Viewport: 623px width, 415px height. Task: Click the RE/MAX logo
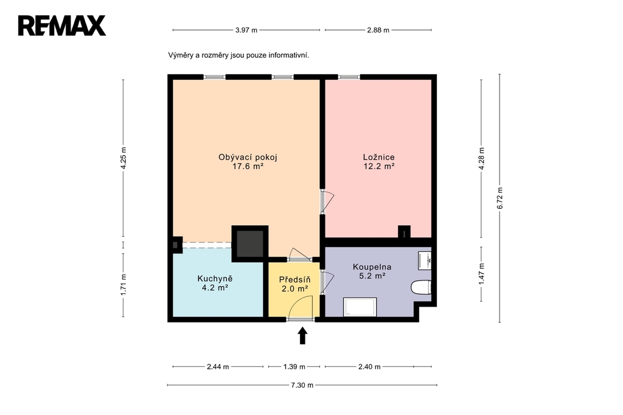click(x=62, y=26)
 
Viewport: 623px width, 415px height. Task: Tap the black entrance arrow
click(x=303, y=335)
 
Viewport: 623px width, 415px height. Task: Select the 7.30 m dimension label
click(x=302, y=385)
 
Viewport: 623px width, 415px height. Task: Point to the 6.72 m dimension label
click(x=500, y=198)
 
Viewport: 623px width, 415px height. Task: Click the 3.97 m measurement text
click(x=246, y=30)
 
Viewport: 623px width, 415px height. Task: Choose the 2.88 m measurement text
click(x=378, y=30)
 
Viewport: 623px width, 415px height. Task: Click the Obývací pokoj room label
click(x=248, y=162)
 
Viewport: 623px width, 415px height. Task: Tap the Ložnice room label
click(x=378, y=162)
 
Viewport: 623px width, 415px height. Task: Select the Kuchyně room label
click(x=215, y=283)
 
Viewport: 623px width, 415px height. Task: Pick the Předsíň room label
click(x=295, y=284)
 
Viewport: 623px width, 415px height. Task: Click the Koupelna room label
click(x=372, y=271)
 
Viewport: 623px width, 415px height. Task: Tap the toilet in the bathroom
click(x=421, y=287)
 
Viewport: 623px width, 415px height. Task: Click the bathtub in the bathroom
click(x=360, y=307)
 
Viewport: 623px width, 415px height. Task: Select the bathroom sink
click(x=425, y=260)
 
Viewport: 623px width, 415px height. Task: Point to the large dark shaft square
click(x=250, y=243)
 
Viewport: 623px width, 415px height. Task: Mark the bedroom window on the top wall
click(x=349, y=77)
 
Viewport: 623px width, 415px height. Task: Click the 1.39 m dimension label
click(x=294, y=366)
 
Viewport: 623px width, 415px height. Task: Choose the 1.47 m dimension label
click(x=482, y=274)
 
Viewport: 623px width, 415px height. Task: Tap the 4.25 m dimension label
click(x=123, y=158)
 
